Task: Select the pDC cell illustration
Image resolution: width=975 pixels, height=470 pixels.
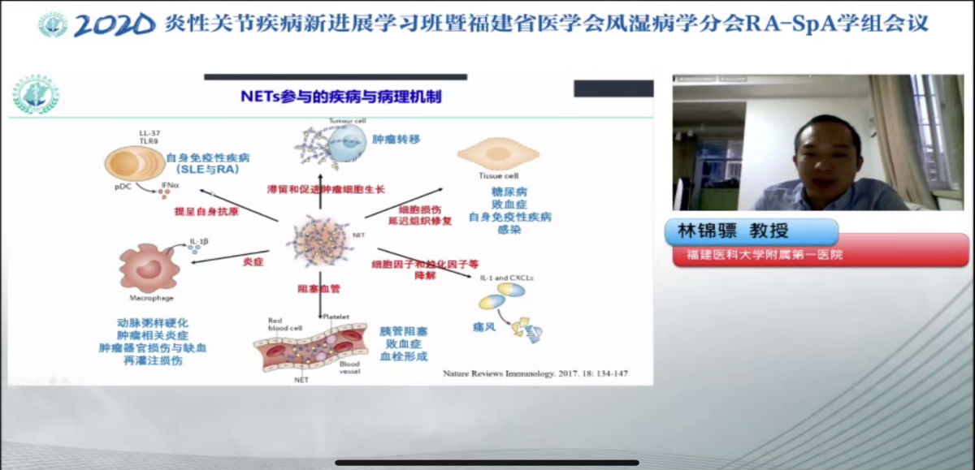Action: coord(134,162)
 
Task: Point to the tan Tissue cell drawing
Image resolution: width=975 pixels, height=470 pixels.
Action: coord(498,156)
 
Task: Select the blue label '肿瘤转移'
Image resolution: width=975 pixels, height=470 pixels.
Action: coord(397,139)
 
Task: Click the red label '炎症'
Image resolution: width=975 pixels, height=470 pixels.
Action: coord(253,262)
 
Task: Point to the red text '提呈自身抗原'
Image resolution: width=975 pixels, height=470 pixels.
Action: coord(206,211)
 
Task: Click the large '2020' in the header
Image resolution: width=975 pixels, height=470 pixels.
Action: coord(114,25)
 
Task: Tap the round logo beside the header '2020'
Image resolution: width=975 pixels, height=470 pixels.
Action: coord(53,25)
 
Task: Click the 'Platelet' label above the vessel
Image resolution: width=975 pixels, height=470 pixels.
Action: coord(336,316)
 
